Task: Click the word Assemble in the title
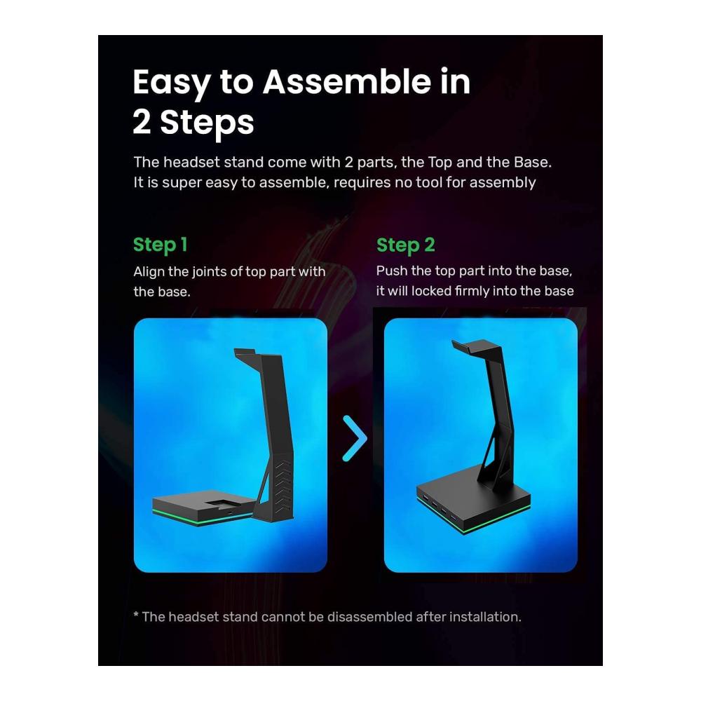[x=347, y=82]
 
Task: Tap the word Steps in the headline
[x=207, y=123]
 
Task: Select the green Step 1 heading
[x=160, y=245]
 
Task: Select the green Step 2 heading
[x=405, y=245]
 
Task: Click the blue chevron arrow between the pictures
[x=355, y=438]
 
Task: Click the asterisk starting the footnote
[x=136, y=615]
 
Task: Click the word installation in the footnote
[x=485, y=617]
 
